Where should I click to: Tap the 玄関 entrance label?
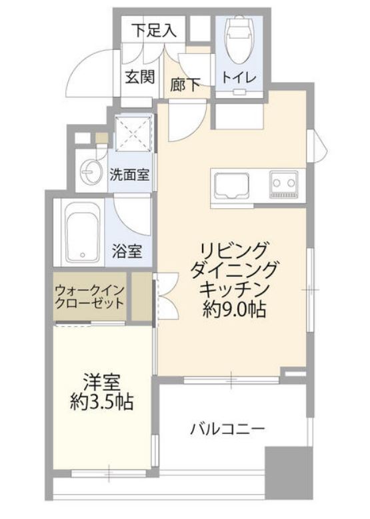click(x=140, y=77)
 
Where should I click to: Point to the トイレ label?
click(x=239, y=77)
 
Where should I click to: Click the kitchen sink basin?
click(x=231, y=182)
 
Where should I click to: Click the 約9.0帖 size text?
click(x=234, y=309)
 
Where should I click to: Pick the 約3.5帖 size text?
click(x=101, y=402)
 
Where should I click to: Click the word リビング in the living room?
click(x=233, y=251)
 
